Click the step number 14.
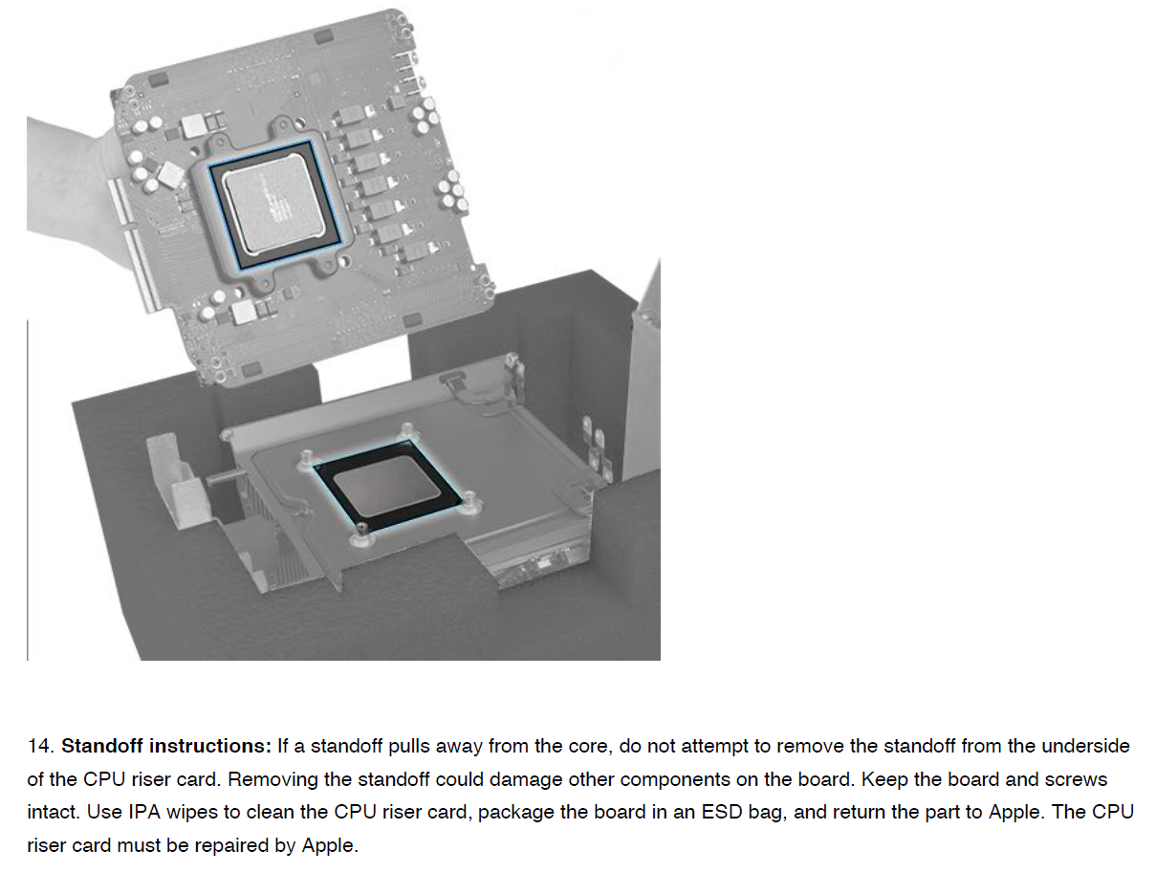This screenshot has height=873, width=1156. tap(40, 746)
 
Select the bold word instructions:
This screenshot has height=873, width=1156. tap(210, 746)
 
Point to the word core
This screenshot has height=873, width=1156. tap(592, 747)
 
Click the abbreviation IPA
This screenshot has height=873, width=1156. tap(144, 812)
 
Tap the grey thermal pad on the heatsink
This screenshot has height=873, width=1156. tap(387, 486)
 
